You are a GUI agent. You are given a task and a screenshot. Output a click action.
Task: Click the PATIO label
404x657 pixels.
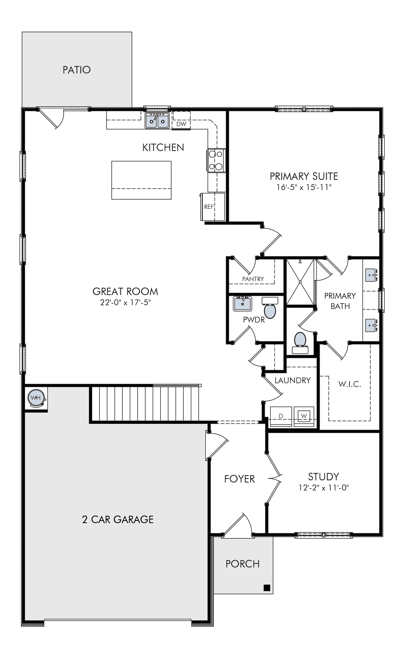[77, 70]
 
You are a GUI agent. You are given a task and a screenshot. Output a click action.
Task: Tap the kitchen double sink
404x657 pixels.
[157, 121]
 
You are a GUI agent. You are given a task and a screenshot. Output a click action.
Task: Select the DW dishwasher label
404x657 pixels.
[181, 124]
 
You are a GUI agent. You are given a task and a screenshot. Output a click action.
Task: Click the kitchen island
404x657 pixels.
[141, 180]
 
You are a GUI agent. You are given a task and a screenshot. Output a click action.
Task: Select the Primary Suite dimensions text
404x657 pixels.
[304, 187]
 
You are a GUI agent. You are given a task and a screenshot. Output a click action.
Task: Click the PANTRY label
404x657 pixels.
[253, 279]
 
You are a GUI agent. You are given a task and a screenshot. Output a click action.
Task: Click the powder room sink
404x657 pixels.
[243, 304]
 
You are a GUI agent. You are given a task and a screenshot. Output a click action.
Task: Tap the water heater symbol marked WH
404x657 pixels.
[36, 398]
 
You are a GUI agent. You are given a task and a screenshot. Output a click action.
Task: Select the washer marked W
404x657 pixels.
[304, 416]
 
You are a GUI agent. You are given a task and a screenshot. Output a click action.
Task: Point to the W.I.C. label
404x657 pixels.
[349, 384]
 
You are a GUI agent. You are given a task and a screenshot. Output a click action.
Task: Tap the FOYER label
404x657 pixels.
[239, 479]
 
